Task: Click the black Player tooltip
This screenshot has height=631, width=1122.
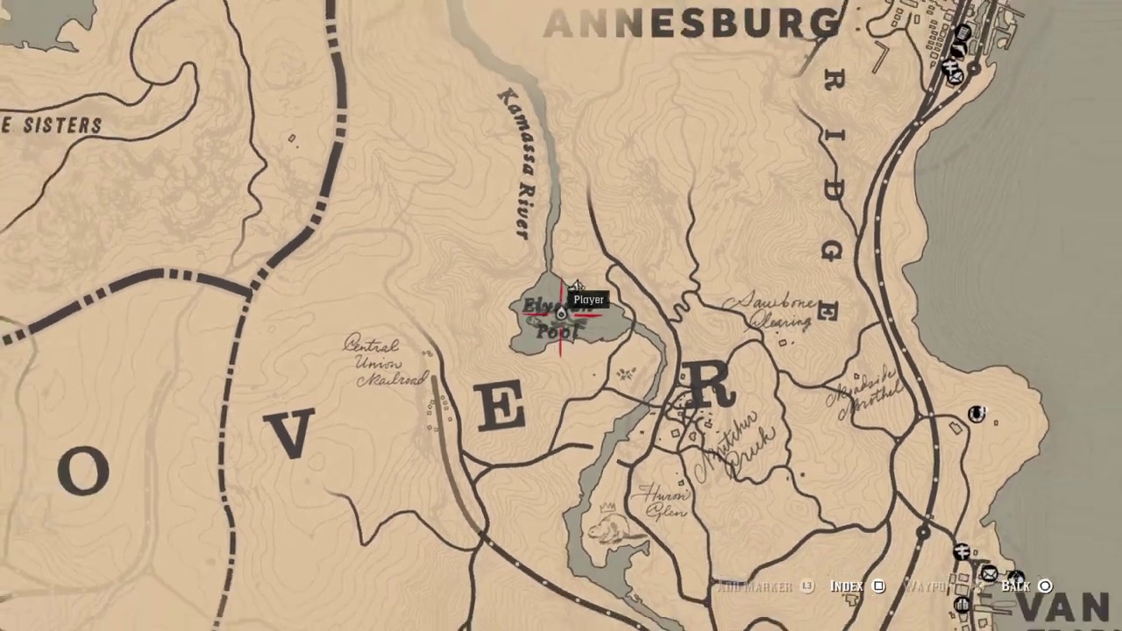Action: point(588,300)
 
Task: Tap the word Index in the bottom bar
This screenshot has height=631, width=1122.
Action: point(846,586)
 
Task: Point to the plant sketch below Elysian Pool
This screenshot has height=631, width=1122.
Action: point(625,374)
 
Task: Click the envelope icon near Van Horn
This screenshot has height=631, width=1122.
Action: point(989,574)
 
